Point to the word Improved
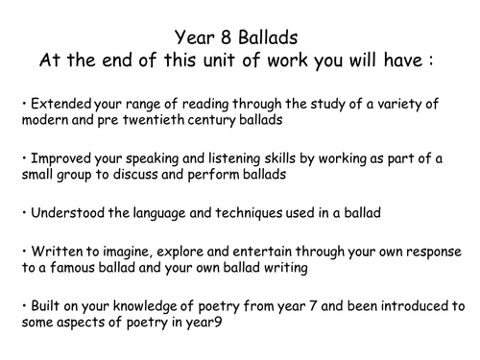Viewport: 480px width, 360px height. coord(54,154)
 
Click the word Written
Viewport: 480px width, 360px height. coord(48,251)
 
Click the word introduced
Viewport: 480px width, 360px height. coord(414,306)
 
